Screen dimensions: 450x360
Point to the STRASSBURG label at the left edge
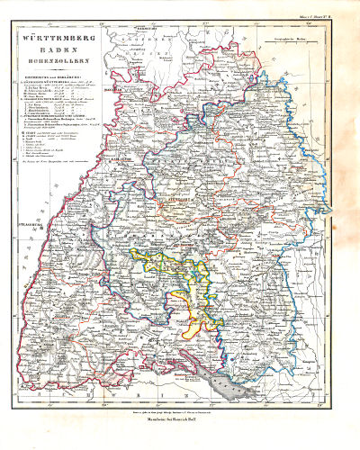click(26, 219)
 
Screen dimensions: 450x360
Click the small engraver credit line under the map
click(180, 410)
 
